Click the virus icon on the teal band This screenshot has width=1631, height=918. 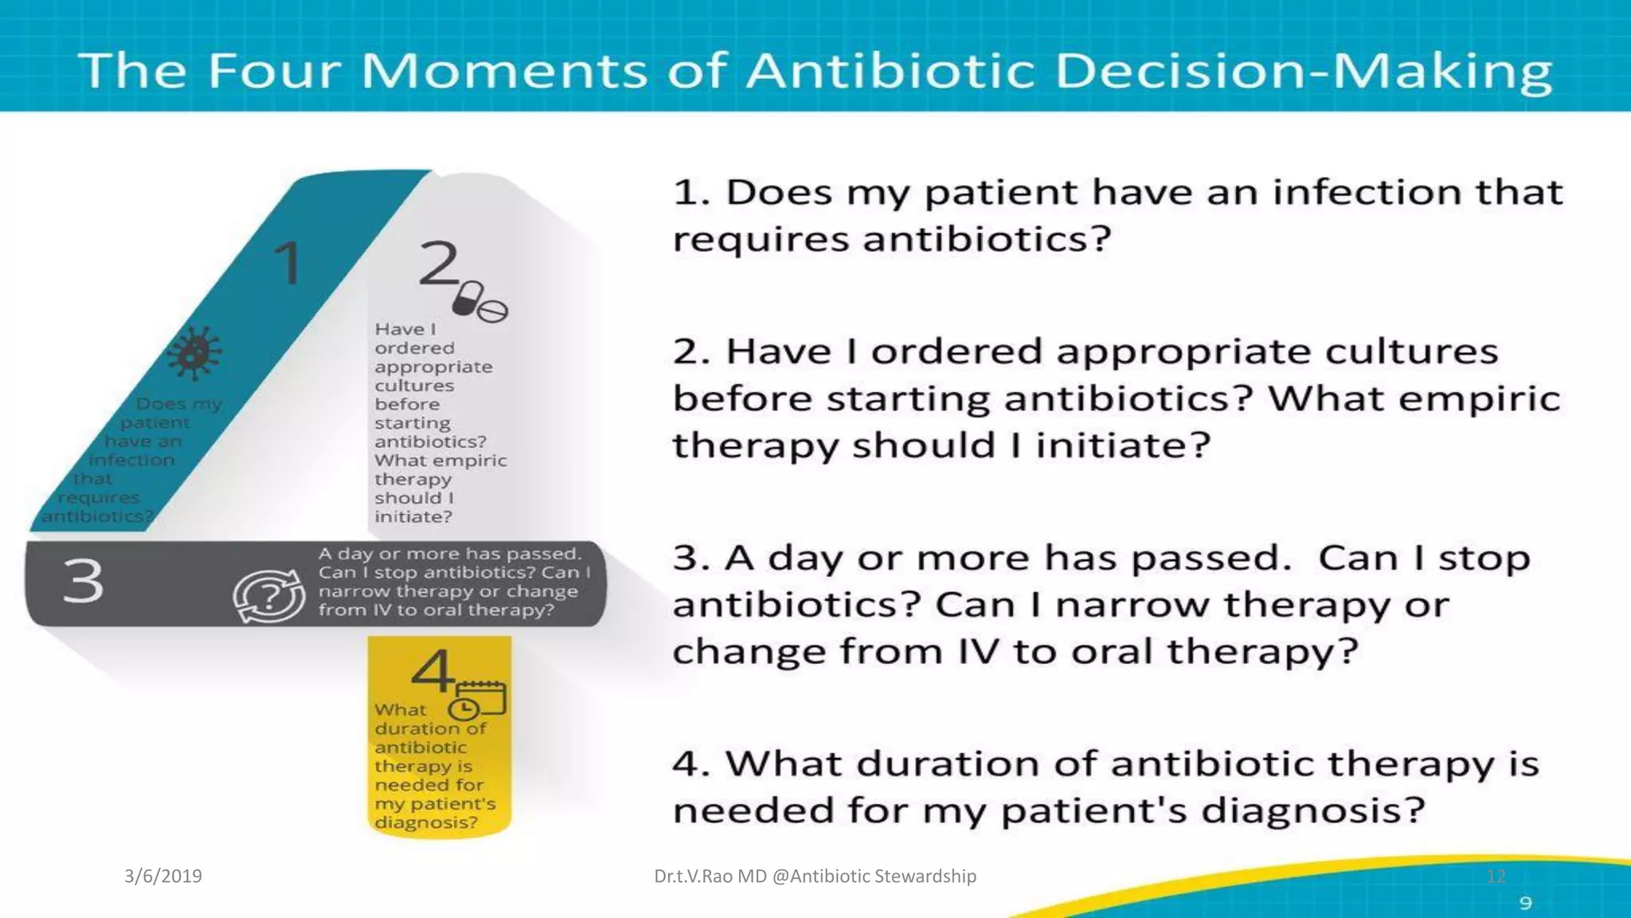(194, 352)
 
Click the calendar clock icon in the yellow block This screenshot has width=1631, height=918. (477, 701)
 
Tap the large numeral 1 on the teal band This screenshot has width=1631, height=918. (287, 263)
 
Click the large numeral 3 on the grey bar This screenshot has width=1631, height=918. (84, 581)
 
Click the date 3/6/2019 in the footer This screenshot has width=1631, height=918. (163, 876)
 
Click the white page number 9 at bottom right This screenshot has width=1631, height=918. (1525, 903)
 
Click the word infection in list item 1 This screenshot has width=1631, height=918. (1366, 192)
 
